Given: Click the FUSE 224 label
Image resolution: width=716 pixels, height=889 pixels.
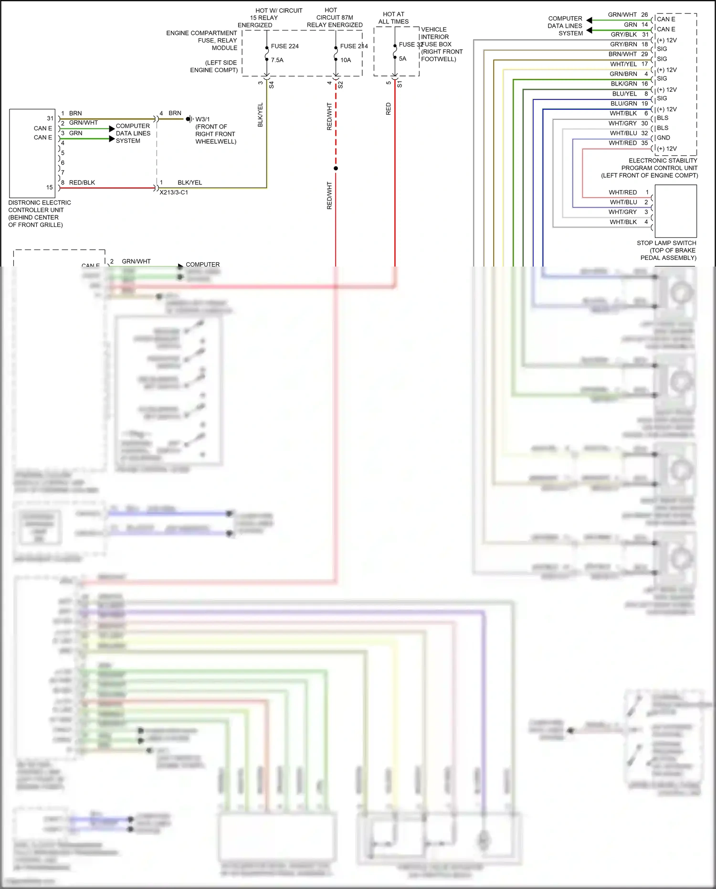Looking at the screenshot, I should pyautogui.click(x=284, y=46).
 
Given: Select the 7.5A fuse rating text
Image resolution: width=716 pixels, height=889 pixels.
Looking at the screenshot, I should pyautogui.click(x=277, y=60).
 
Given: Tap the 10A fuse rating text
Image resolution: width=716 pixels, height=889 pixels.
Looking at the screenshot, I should pyautogui.click(x=346, y=60).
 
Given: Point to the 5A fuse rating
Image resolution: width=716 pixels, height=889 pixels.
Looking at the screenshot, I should pyautogui.click(x=402, y=59).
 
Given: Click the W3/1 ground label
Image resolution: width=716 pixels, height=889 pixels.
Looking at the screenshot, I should pyautogui.click(x=202, y=119).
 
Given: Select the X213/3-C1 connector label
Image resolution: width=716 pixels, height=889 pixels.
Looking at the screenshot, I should pyautogui.click(x=174, y=193).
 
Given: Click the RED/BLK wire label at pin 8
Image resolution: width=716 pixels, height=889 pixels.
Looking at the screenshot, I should pyautogui.click(x=82, y=182).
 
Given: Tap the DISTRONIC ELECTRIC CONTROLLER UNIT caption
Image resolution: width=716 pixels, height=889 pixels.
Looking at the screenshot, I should pyautogui.click(x=40, y=214).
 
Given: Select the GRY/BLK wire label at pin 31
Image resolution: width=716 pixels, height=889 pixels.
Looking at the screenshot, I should pyautogui.click(x=623, y=34).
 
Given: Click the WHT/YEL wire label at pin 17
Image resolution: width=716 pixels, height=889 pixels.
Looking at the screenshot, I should pyautogui.click(x=623, y=64).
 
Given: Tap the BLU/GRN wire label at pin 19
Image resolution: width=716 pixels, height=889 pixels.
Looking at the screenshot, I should pyautogui.click(x=623, y=104).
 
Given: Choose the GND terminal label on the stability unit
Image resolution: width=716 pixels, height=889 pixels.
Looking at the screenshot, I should pyautogui.click(x=663, y=138).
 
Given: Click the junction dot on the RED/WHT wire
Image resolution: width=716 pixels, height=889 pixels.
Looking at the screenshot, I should pyautogui.click(x=336, y=168).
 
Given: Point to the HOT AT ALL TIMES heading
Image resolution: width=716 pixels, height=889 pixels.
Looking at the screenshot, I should pyautogui.click(x=393, y=18).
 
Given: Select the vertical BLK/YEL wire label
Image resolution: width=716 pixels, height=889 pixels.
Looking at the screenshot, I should pyautogui.click(x=261, y=115).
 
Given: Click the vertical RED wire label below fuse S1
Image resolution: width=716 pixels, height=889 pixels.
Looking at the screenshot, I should pyautogui.click(x=389, y=109).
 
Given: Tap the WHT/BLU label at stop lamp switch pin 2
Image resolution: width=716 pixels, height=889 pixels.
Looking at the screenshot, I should pyautogui.click(x=623, y=202).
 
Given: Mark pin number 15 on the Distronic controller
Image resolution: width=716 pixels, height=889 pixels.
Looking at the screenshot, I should pyautogui.click(x=50, y=187).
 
